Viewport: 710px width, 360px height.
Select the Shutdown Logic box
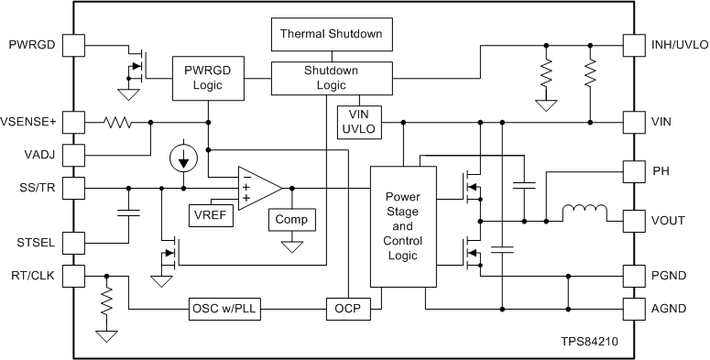(x=331, y=79)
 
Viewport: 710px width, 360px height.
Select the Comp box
(x=291, y=220)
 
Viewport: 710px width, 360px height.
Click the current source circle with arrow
(x=184, y=158)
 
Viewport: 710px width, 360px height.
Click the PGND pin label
(x=669, y=275)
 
